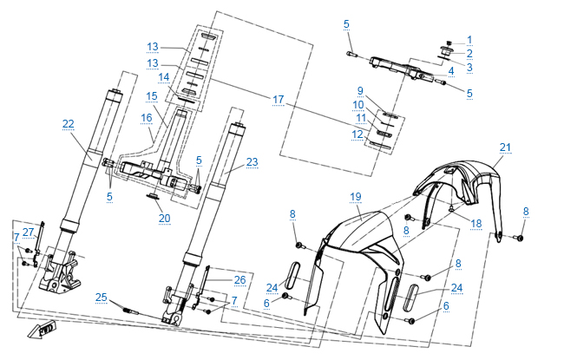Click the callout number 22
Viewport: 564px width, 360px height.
tap(69, 124)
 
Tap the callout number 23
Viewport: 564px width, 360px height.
tap(252, 161)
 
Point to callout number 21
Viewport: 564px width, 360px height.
tap(505, 147)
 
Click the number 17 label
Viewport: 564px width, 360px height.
tap(278, 100)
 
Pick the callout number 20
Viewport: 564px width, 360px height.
tap(165, 218)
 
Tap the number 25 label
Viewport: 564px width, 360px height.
tap(102, 297)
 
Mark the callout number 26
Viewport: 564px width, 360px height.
tap(240, 279)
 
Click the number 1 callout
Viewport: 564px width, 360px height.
tap(469, 39)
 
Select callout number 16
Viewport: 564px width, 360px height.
tap(146, 116)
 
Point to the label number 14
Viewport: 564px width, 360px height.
tap(163, 77)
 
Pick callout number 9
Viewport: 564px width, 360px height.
tap(359, 90)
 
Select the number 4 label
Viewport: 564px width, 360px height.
tap(451, 70)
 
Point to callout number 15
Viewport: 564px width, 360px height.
tap(152, 95)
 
